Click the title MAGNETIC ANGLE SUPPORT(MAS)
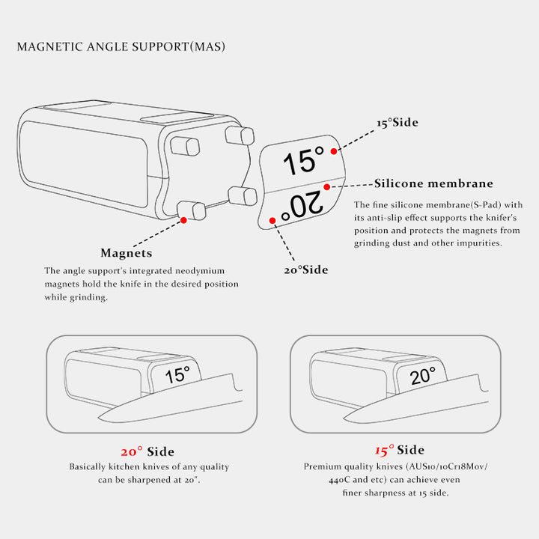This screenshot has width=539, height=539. click(x=121, y=46)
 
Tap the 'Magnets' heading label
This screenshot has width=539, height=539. click(x=127, y=253)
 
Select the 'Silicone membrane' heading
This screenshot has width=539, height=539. click(x=433, y=183)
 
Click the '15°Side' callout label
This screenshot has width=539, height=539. click(x=398, y=123)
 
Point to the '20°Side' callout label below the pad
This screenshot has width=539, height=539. click(x=306, y=269)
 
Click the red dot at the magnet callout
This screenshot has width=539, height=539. click(x=183, y=220)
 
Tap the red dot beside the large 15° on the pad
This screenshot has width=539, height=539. click(x=333, y=151)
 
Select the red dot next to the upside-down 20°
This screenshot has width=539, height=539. click(x=272, y=220)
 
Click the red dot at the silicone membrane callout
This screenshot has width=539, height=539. click(x=327, y=187)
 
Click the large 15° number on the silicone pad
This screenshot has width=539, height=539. click(x=303, y=161)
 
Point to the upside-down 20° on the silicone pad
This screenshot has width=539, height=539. click(x=302, y=207)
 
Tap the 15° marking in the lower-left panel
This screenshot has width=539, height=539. click(x=177, y=375)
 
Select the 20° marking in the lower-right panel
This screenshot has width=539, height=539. click(x=423, y=376)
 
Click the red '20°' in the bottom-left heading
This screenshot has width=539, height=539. click(x=132, y=451)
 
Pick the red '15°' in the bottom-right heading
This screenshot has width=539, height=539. click(x=384, y=450)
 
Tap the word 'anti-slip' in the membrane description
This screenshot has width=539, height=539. click(x=386, y=218)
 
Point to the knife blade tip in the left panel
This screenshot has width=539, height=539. click(x=99, y=418)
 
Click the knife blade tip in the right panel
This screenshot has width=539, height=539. click(x=344, y=418)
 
